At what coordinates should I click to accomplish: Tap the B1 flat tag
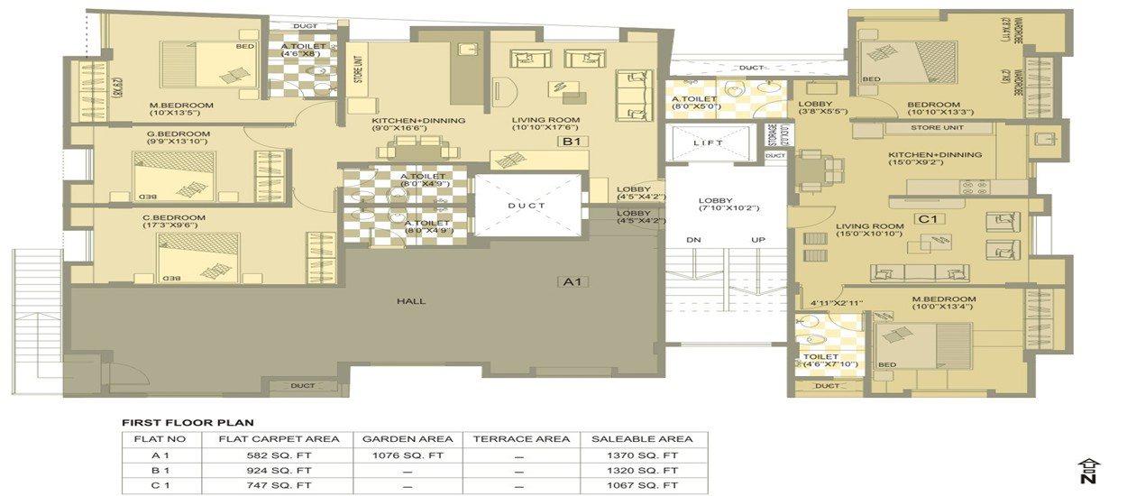pyautogui.click(x=571, y=142)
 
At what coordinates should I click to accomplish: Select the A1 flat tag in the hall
pyautogui.click(x=572, y=281)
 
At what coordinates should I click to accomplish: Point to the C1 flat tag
pyautogui.click(x=928, y=218)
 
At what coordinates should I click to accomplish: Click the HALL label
pyautogui.click(x=416, y=300)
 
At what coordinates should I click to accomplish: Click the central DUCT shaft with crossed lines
pyautogui.click(x=527, y=206)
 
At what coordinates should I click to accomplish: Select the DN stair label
pyautogui.click(x=693, y=240)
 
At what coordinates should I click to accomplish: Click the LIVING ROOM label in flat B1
pyautogui.click(x=545, y=120)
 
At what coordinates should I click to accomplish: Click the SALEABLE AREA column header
pyautogui.click(x=642, y=439)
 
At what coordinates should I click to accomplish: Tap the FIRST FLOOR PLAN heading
pyautogui.click(x=188, y=422)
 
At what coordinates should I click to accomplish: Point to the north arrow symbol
pyautogui.click(x=1089, y=470)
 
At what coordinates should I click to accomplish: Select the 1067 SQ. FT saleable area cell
pyautogui.click(x=642, y=486)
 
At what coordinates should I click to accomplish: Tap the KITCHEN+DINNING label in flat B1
pyautogui.click(x=418, y=120)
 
